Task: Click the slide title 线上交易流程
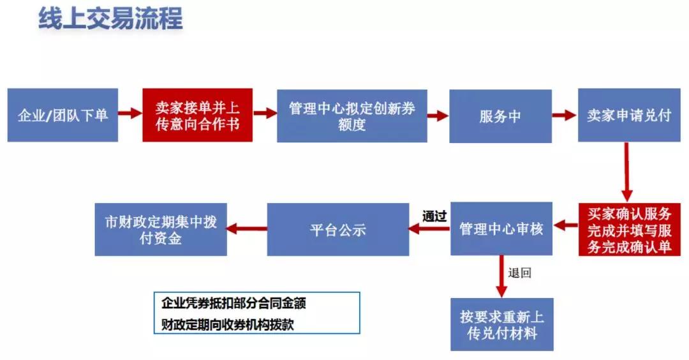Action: point(110,19)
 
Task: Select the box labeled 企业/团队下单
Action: point(63,115)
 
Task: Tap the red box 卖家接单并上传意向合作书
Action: point(197,115)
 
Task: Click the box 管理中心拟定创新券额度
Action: point(352,116)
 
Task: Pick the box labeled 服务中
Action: point(501,116)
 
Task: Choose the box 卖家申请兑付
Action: point(629,115)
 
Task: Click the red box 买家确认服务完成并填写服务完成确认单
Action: point(630,229)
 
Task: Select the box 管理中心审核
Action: point(501,229)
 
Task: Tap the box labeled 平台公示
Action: point(338,229)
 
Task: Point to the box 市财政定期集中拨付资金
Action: point(161,229)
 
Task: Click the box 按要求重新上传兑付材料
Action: point(502,324)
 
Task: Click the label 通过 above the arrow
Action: point(434,216)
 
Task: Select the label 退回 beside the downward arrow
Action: point(520,273)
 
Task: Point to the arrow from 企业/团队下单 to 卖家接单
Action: point(131,113)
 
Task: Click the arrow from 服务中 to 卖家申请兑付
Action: point(565,115)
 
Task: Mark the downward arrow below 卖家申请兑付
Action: point(627,172)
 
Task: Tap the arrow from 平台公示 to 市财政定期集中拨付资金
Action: point(247,229)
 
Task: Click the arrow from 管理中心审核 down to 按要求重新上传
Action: point(501,276)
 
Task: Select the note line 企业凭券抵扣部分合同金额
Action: point(233,303)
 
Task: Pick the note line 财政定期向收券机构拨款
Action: point(228,325)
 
